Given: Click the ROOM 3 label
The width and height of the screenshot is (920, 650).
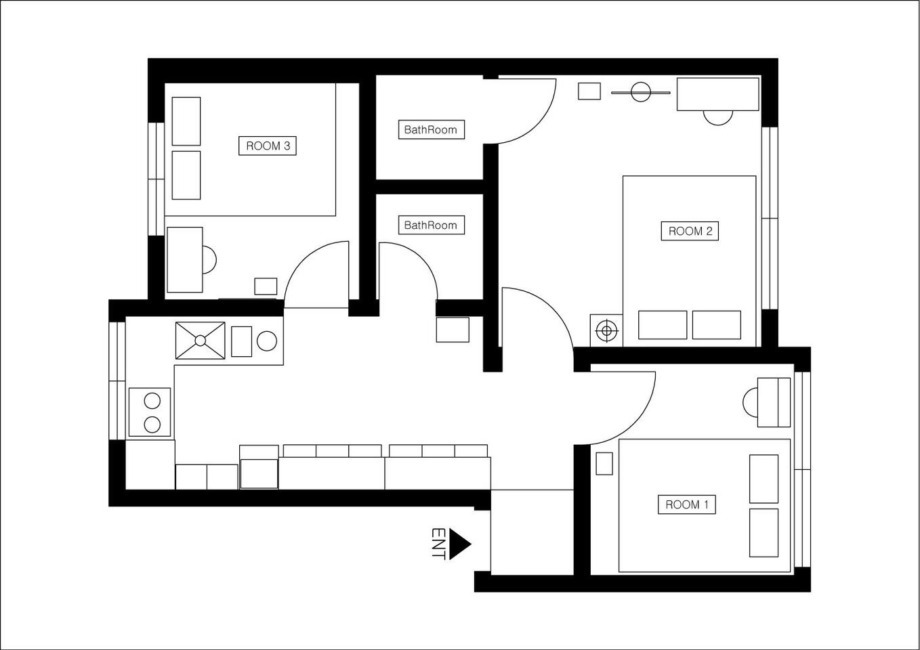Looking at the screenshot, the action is (268, 146).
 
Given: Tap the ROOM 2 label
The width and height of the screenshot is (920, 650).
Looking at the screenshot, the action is (690, 231).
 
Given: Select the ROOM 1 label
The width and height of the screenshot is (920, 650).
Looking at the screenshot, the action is (687, 504).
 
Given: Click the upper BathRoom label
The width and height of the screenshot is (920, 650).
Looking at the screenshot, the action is (432, 130).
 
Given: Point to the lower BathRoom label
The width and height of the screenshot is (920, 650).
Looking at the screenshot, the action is (432, 225).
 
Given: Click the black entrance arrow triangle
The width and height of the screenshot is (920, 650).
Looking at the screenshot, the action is (459, 544).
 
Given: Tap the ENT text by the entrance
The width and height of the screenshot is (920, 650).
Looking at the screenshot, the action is (438, 544).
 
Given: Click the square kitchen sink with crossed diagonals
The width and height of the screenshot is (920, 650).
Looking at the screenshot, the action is (201, 341).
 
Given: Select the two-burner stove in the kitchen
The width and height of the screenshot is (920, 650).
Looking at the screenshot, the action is (150, 412).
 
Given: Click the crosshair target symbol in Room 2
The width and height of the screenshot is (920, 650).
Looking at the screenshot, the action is (606, 330).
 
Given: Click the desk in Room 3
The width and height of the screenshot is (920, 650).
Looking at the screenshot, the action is (185, 260).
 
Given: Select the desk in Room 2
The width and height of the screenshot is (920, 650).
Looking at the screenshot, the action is (717, 94).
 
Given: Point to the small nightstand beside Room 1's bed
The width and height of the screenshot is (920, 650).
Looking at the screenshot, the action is (604, 464).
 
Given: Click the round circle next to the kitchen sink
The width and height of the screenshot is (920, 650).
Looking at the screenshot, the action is (267, 341).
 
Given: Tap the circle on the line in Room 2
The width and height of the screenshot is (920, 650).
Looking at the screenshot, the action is (641, 92).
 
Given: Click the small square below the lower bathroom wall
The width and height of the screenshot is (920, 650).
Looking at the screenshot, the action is (453, 330).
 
